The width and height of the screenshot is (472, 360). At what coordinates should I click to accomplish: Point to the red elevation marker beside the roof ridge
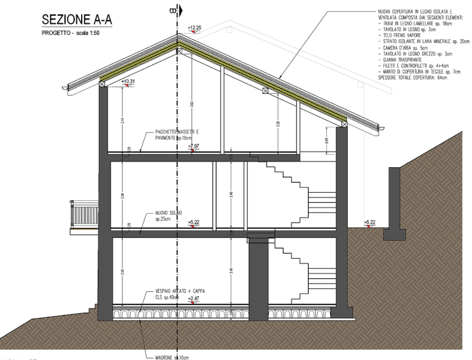[195, 28]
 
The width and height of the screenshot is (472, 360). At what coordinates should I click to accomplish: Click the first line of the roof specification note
[418, 12]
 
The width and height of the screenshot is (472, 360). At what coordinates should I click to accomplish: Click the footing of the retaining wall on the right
[394, 234]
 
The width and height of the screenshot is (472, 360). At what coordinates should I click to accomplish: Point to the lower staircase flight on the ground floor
[295, 270]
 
